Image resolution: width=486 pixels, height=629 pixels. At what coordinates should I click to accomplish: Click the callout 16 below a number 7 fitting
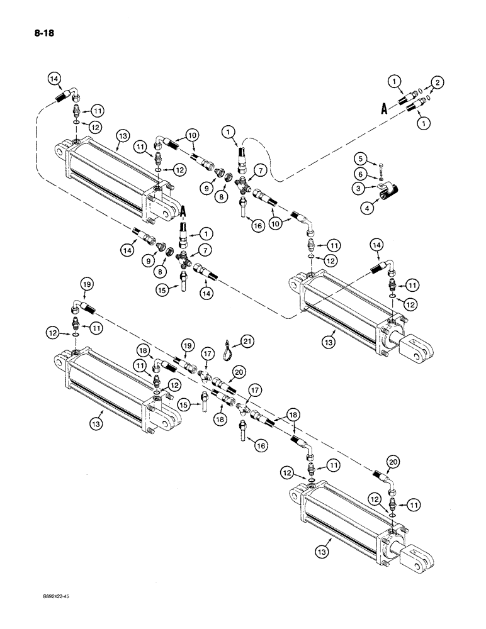point(255,225)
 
